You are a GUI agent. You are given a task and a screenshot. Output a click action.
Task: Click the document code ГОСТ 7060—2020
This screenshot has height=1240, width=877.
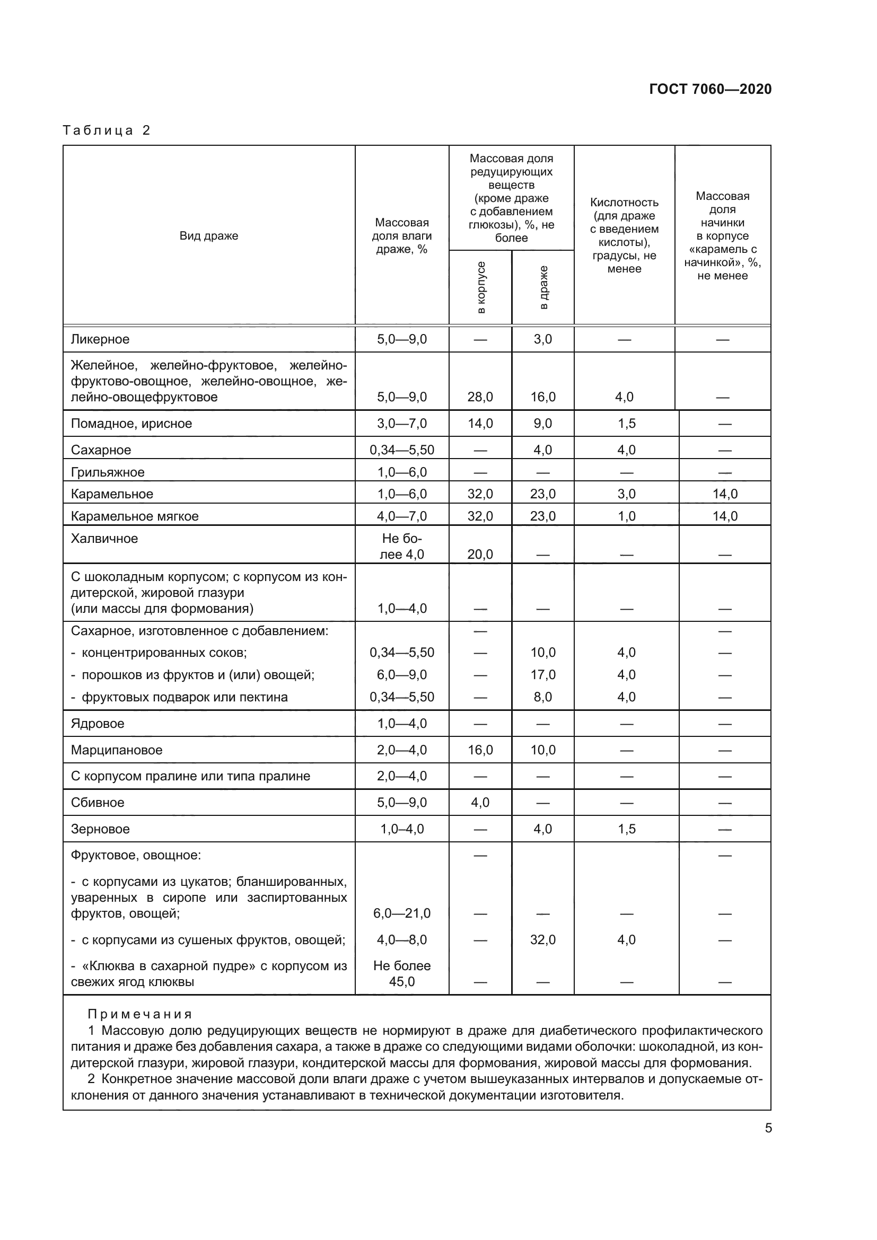click(x=710, y=89)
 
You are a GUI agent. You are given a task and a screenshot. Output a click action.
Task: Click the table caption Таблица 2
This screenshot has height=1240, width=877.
click(x=107, y=130)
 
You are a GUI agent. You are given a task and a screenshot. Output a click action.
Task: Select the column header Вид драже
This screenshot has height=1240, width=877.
click(x=208, y=236)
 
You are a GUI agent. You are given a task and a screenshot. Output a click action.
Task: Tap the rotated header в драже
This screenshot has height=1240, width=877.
click(x=543, y=288)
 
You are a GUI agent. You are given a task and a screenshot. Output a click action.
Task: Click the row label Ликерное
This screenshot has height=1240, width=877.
click(x=100, y=339)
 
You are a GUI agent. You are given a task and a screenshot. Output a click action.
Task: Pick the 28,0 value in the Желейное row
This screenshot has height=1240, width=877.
click(x=480, y=397)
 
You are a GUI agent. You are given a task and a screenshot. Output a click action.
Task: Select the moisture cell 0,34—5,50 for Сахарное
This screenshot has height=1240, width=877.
click(x=402, y=450)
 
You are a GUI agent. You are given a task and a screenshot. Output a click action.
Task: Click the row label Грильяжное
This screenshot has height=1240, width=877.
click(x=108, y=472)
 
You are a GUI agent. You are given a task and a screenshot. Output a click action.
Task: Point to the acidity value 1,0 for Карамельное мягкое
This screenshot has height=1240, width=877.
click(x=626, y=516)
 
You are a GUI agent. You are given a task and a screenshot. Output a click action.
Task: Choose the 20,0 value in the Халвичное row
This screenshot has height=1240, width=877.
click(x=480, y=554)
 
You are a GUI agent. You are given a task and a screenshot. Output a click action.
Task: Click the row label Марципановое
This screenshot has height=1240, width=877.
click(x=116, y=750)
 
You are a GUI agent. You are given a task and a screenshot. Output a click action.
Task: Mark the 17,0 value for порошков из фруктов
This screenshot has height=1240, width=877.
click(x=543, y=674)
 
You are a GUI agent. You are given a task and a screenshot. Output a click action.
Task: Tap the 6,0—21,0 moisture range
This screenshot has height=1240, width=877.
click(x=402, y=913)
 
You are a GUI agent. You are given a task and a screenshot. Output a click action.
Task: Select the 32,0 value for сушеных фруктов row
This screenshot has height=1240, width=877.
click(x=543, y=940)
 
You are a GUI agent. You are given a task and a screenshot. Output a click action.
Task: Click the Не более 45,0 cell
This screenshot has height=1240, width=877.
click(x=402, y=973)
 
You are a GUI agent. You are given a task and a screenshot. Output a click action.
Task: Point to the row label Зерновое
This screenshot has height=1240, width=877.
click(x=100, y=829)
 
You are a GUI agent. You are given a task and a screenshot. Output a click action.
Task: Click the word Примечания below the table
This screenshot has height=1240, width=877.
click(x=140, y=1014)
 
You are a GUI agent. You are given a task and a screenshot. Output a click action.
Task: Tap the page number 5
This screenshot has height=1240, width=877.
click(x=768, y=1128)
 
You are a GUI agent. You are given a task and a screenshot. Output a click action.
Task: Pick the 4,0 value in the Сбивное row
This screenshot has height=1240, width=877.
click(x=480, y=803)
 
